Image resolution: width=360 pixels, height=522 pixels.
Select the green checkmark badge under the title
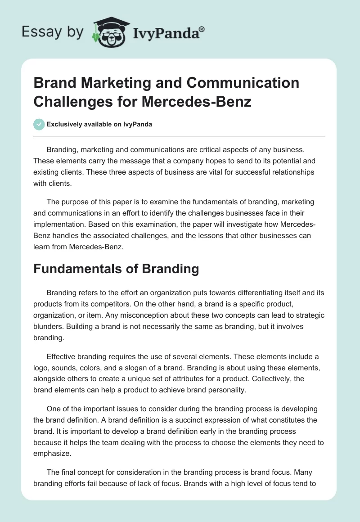pos(39,124)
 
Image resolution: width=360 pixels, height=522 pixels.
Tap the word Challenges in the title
pos(74,102)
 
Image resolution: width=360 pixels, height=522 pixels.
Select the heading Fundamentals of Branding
pos(116,269)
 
